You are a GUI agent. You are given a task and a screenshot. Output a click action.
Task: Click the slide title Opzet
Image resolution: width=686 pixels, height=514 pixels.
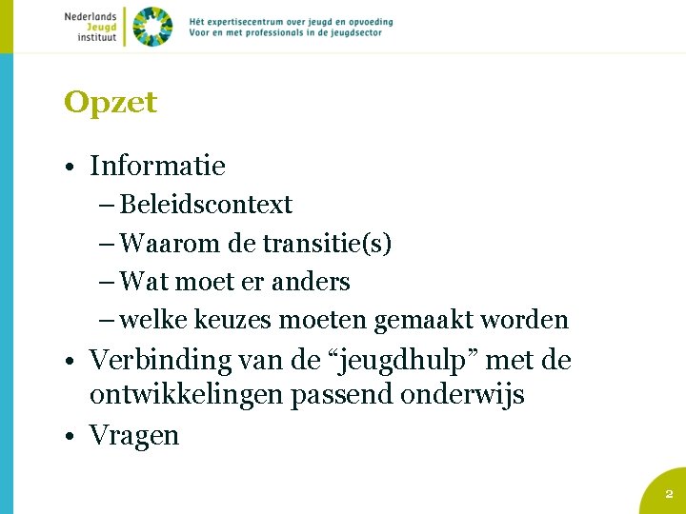(111, 103)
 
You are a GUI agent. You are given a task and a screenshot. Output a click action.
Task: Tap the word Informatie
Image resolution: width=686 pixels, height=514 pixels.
(157, 166)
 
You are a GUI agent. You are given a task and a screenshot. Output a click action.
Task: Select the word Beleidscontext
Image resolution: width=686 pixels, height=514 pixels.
(206, 205)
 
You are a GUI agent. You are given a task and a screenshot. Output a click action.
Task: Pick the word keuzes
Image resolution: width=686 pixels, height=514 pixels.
(233, 321)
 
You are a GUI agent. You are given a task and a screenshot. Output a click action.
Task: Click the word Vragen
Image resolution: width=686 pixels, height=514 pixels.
(134, 435)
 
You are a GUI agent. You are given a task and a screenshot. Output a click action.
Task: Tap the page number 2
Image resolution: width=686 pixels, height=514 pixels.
(668, 494)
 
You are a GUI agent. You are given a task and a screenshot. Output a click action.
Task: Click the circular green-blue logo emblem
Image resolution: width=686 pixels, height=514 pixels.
(152, 26)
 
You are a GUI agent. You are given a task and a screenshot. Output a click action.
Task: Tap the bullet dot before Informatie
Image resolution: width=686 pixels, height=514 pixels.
(71, 168)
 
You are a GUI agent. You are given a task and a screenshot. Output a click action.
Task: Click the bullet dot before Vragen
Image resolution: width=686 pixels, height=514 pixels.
(71, 437)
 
